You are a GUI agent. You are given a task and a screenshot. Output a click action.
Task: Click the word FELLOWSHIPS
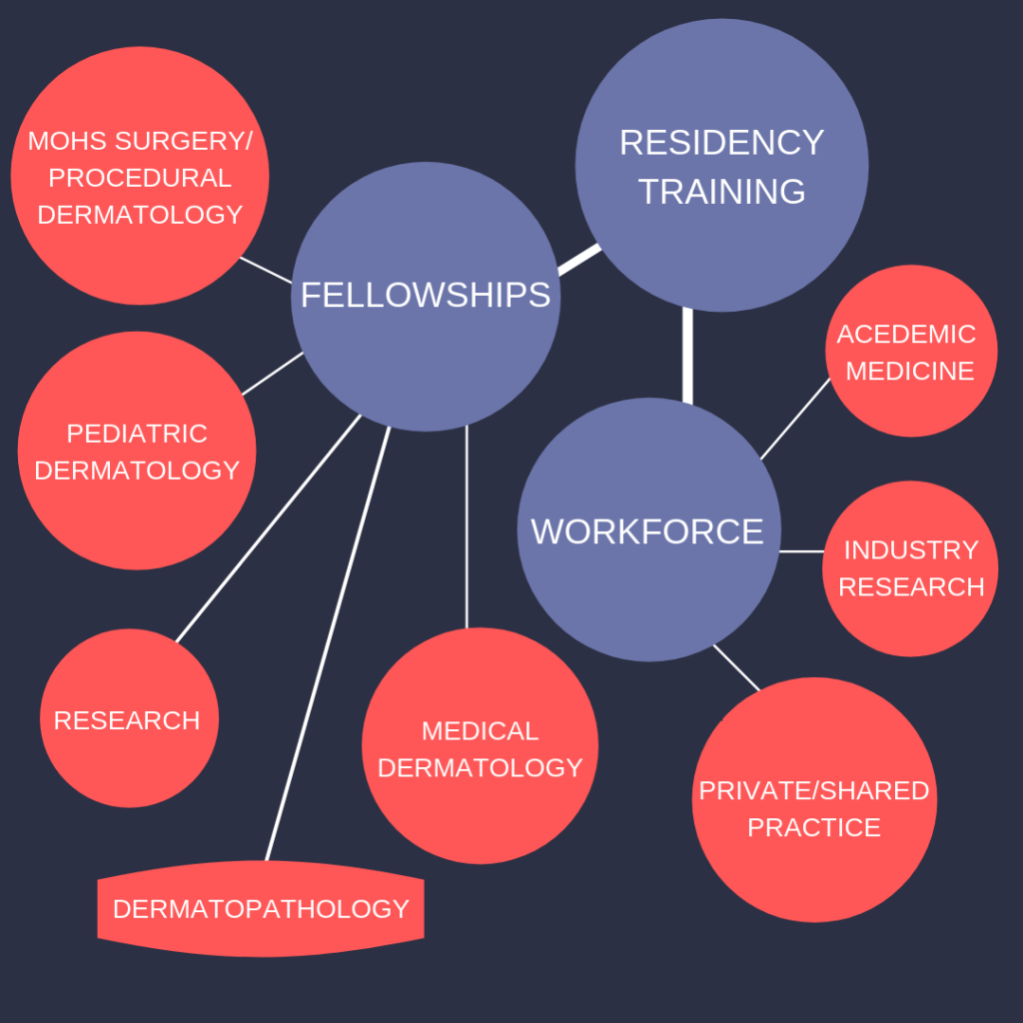pos(426,295)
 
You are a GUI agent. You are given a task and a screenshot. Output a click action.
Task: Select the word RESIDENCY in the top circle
pos(721,142)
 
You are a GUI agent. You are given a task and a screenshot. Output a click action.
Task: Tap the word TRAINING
pos(721,191)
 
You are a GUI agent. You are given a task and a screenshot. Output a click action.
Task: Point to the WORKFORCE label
pos(647,530)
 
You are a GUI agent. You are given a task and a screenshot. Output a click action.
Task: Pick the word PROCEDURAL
pos(140,178)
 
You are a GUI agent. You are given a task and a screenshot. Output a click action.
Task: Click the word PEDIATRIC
pos(137,434)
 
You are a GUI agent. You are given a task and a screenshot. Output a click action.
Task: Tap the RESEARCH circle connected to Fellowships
pos(127,720)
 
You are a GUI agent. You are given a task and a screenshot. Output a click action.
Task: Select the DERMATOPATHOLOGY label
pos(261,909)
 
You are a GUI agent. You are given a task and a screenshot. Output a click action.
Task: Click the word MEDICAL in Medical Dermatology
pos(480,731)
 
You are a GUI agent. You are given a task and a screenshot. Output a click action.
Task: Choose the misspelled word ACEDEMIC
pos(906,334)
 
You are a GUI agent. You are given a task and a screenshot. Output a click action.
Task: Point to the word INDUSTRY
pos(911,550)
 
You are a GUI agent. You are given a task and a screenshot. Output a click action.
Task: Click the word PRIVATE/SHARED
pos(813,791)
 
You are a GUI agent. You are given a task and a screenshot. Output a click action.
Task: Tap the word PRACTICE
pos(813,828)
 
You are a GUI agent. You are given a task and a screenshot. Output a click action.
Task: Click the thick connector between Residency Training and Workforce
pos(687,355)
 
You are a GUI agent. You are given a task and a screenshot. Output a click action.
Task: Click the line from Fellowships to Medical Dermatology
pos(467,529)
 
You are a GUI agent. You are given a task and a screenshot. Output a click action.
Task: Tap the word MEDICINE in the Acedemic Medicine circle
pos(910,371)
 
